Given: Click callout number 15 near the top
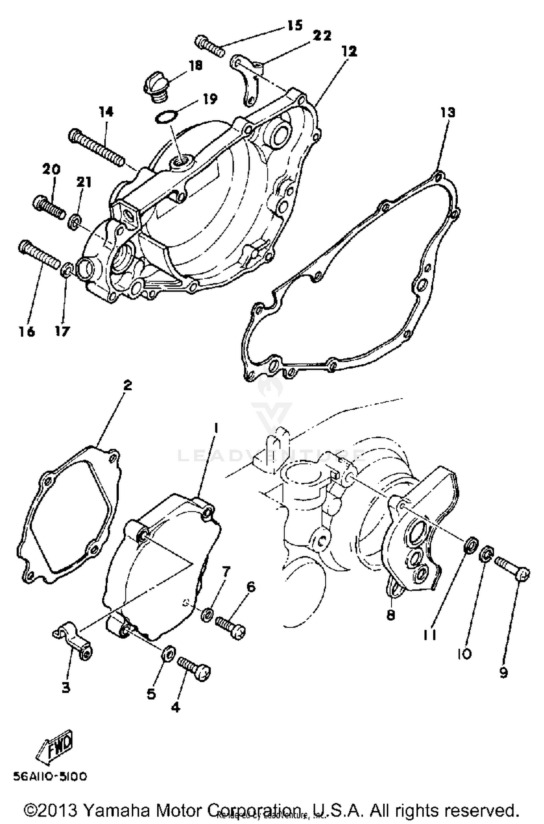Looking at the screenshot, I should tap(295, 26).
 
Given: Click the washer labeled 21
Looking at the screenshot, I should tap(74, 221).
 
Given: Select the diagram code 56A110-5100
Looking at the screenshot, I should tap(50, 777).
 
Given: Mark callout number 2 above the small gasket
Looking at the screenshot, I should tap(127, 385).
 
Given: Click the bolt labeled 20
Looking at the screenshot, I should tap(49, 206).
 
